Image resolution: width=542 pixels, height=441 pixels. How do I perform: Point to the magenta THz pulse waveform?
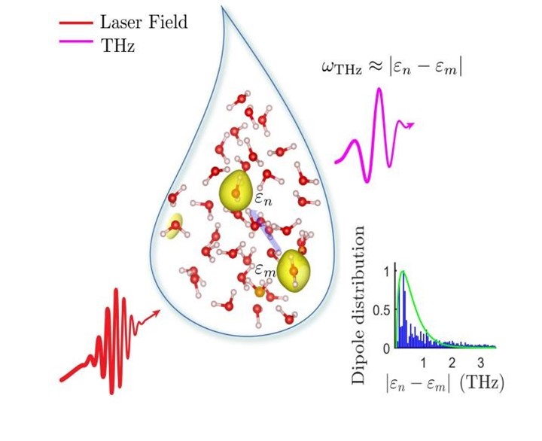(x=373, y=135)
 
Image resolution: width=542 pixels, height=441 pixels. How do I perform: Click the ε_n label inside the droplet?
(x=262, y=201)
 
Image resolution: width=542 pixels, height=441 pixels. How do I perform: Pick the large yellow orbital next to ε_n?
(x=235, y=193)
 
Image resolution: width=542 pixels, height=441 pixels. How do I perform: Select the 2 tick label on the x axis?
(x=452, y=362)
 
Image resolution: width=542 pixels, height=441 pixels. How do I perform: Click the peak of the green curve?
(x=404, y=271)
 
